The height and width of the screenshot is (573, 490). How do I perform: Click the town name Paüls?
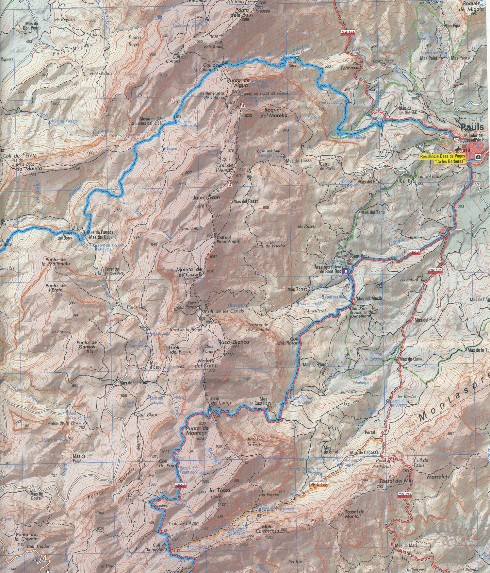(474, 127)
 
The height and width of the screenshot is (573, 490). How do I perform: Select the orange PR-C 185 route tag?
(318, 484)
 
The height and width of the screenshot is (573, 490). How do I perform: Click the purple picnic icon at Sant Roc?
(346, 271)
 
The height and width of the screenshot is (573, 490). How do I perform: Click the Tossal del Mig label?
(396, 481)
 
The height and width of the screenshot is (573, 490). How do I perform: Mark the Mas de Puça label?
(79, 458)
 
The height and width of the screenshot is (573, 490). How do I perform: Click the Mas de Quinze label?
(412, 359)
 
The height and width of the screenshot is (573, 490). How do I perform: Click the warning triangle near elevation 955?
(230, 184)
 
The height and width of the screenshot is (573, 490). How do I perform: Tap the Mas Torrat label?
(297, 289)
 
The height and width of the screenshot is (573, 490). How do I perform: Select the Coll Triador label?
(39, 546)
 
